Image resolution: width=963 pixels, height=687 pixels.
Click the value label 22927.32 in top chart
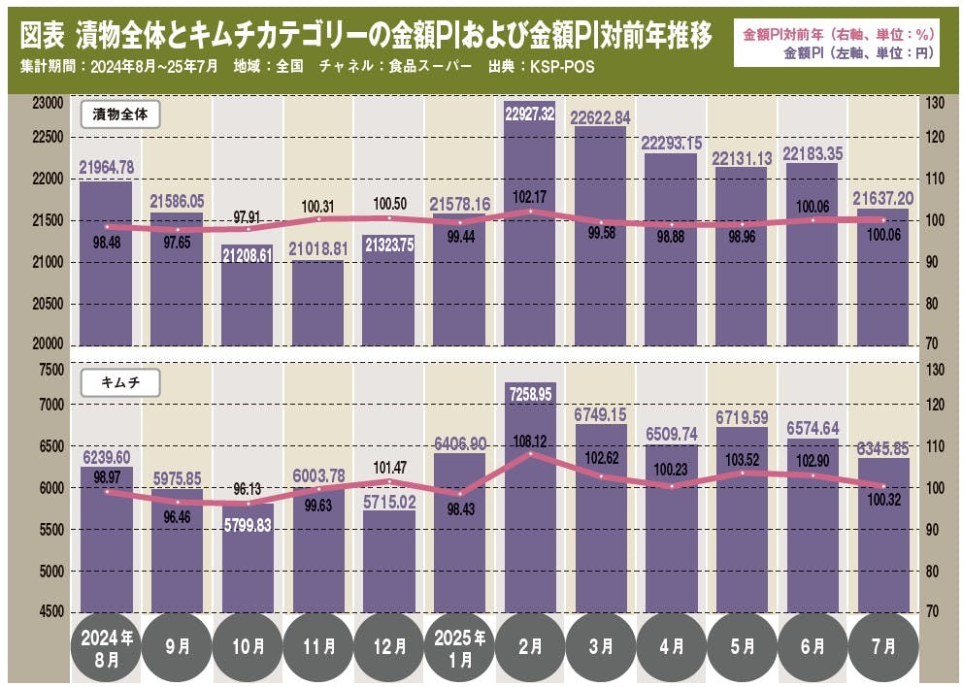[530, 114]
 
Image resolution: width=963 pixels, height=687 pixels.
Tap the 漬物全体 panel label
[119, 114]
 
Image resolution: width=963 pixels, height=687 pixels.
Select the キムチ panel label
[119, 382]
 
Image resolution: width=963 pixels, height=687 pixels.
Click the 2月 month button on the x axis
[530, 646]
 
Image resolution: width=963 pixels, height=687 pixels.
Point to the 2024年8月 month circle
[106, 646]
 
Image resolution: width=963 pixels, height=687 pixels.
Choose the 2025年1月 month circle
[459, 646]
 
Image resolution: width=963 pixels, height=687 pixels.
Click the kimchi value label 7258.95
[530, 394]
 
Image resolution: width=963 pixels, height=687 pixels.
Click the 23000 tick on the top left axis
[47, 102]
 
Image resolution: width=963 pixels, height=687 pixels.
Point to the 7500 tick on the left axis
[50, 370]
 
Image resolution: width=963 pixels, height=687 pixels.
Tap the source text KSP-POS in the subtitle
[557, 68]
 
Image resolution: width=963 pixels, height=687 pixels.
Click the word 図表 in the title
[42, 36]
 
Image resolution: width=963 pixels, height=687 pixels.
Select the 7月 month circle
[882, 646]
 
